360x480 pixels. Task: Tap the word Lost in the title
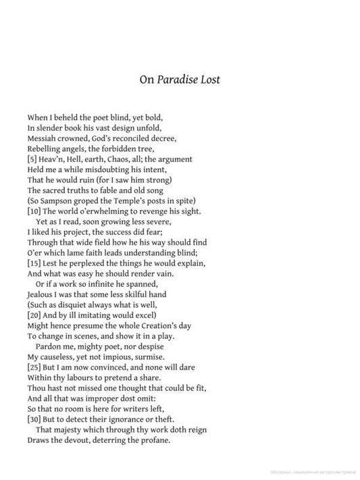tap(209, 80)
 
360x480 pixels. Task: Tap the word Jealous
tap(43, 294)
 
